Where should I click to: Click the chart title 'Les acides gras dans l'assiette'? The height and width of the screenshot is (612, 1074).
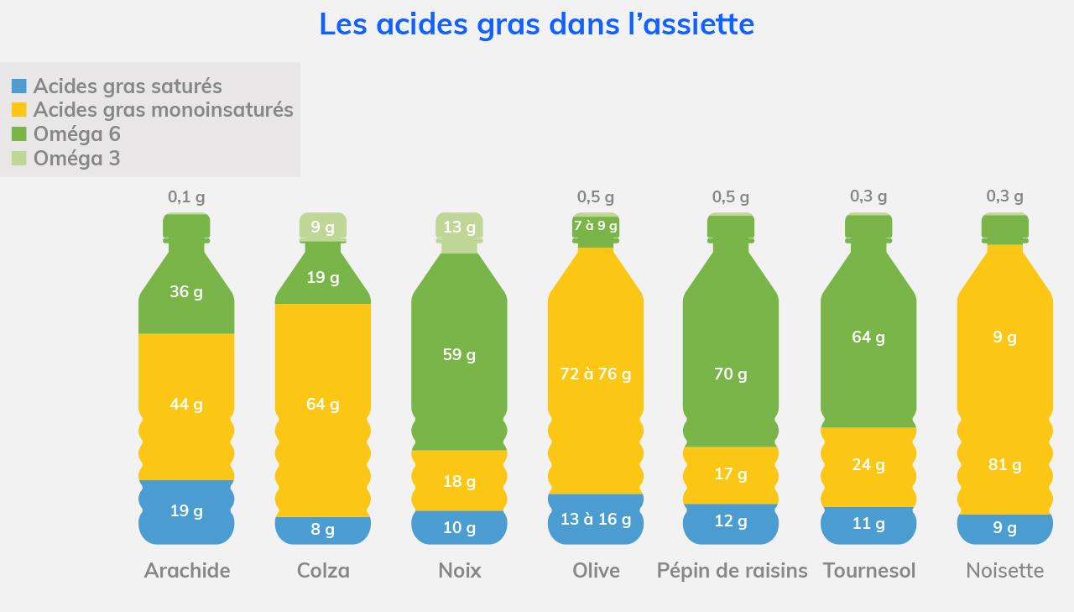click(536, 24)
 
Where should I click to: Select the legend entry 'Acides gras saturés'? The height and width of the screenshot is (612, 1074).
click(128, 86)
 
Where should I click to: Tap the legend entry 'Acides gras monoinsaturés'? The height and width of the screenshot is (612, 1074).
click(163, 110)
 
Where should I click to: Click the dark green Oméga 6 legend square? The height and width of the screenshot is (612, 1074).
click(19, 133)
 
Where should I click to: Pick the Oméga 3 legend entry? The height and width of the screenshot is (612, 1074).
click(76, 158)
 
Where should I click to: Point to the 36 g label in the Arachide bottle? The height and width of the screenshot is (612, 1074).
click(186, 292)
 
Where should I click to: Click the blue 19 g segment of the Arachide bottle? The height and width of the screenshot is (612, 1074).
click(186, 510)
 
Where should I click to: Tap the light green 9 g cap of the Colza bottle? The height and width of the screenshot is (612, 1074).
click(323, 227)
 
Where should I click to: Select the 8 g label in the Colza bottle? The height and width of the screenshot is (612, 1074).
click(323, 530)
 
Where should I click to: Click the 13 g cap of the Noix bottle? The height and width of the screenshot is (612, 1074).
click(459, 227)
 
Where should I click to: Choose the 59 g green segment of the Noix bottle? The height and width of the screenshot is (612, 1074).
click(459, 354)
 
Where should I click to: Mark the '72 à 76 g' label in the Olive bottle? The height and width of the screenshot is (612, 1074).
click(596, 374)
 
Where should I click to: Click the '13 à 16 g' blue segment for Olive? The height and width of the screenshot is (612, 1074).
click(596, 519)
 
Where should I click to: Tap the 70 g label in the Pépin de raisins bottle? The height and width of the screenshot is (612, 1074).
click(731, 374)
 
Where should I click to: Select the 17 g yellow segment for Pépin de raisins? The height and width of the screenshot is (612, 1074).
click(731, 474)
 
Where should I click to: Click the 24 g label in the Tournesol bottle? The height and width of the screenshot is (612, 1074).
click(868, 465)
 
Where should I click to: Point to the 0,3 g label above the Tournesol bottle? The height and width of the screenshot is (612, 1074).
click(868, 196)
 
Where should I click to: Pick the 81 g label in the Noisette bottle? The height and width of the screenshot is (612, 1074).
click(1004, 465)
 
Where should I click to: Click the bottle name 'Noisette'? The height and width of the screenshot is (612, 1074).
click(1004, 571)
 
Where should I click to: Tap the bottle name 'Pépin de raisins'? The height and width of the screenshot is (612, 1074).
click(732, 571)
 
